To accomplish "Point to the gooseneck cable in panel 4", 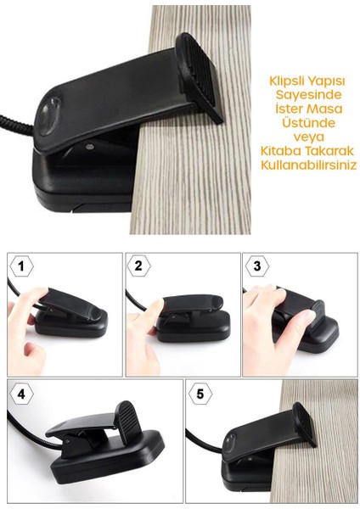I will click(x=21, y=441).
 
